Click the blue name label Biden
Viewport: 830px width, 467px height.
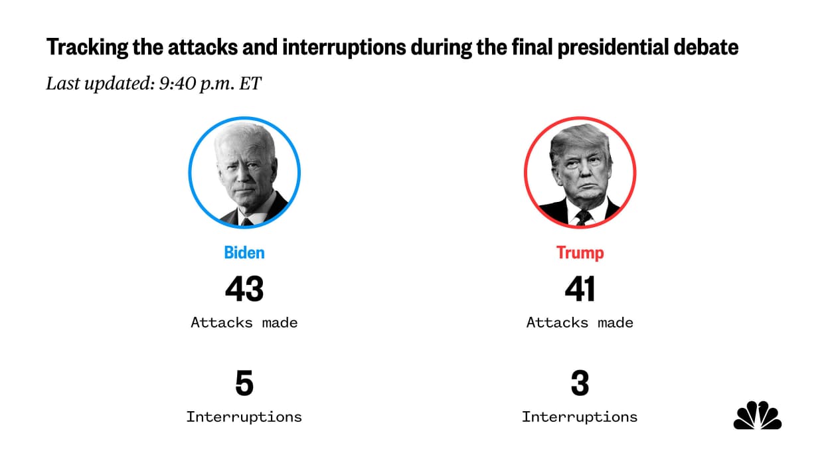coord(244,253)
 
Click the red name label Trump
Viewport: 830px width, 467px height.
coord(580,253)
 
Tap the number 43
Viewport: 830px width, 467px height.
coord(244,289)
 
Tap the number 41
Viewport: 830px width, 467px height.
coord(580,289)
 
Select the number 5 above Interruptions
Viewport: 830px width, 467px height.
coord(244,384)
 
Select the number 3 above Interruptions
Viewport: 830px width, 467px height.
coord(580,384)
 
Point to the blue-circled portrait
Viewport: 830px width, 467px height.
coord(244,173)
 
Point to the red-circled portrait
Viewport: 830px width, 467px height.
coord(580,173)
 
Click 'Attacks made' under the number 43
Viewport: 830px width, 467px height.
coord(244,323)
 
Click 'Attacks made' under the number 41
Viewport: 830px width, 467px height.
coord(580,323)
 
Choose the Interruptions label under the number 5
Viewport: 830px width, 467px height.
coord(244,417)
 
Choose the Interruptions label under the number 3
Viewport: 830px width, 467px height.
coord(580,417)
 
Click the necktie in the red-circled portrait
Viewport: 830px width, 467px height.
coord(584,217)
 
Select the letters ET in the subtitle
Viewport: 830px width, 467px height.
coord(253,84)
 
